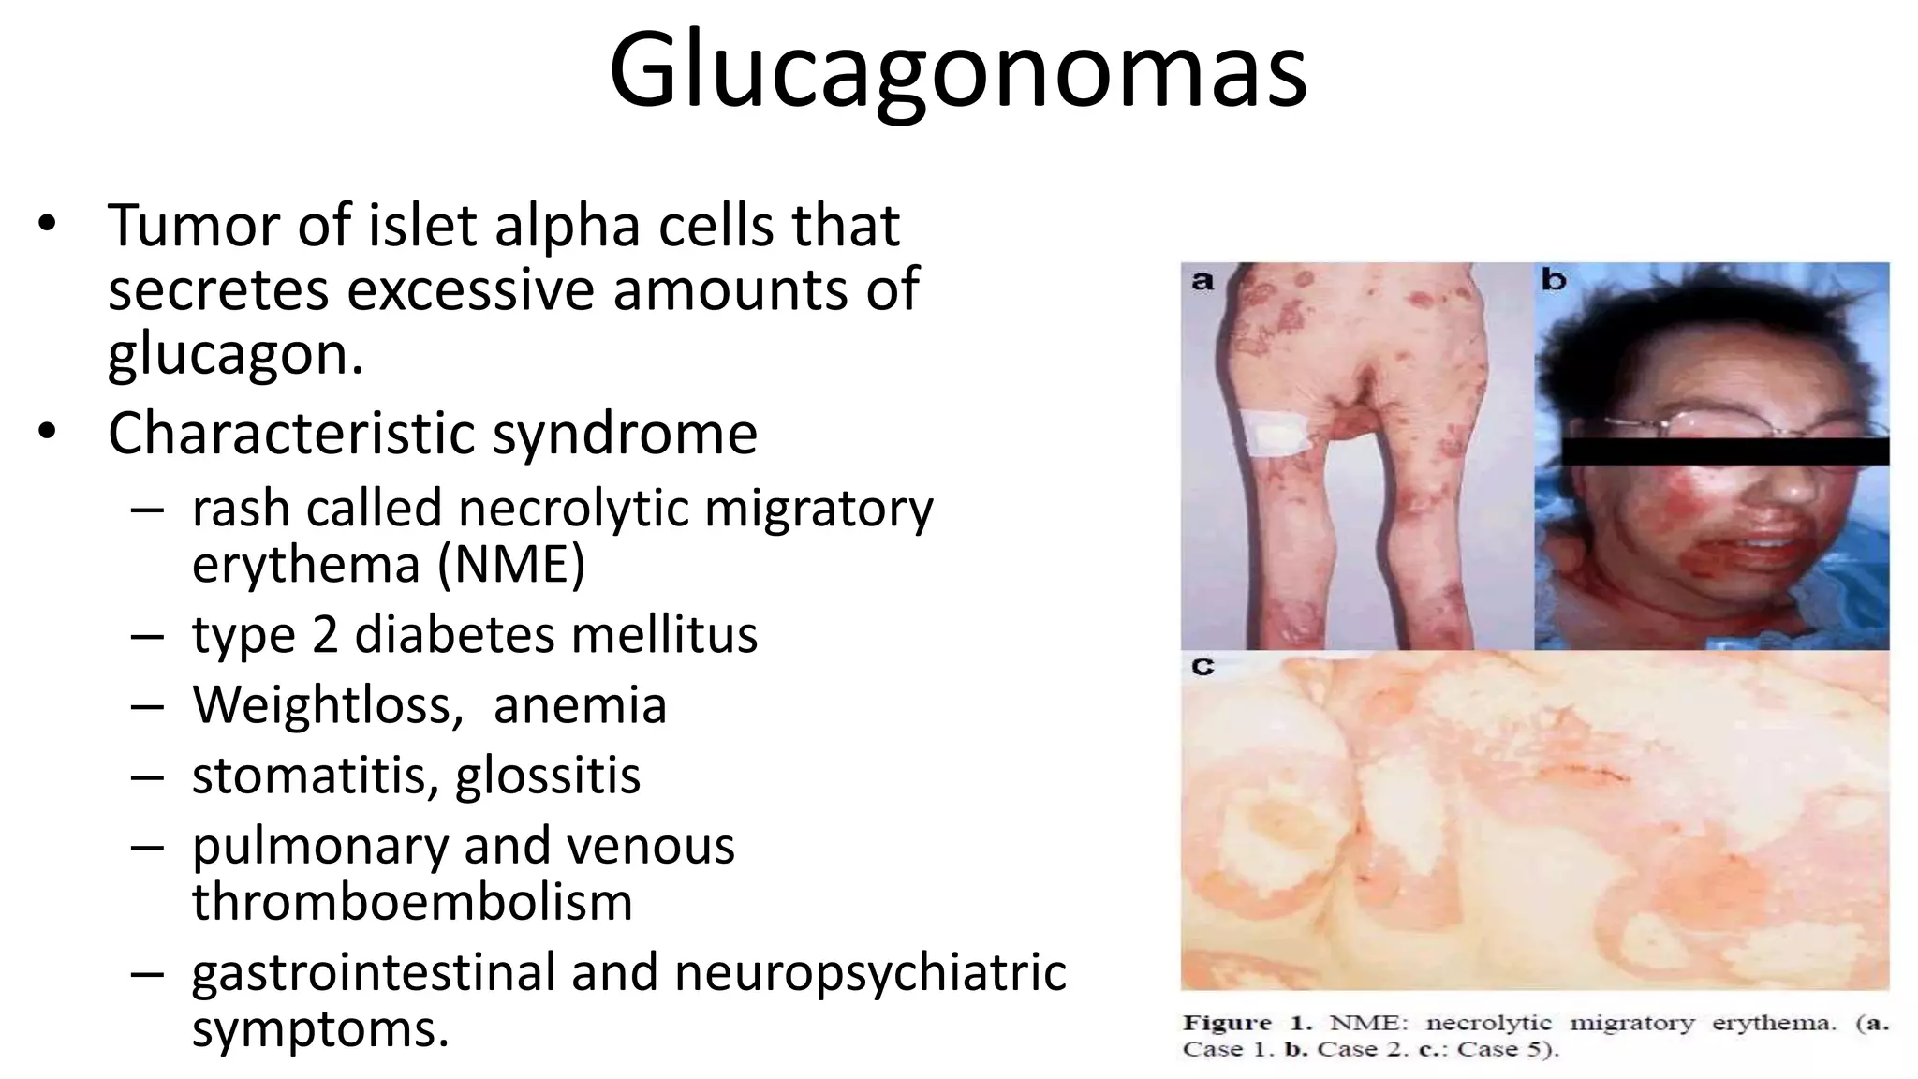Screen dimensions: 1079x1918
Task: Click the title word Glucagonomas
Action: [957, 71]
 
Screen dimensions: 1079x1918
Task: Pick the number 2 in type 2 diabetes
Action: [325, 635]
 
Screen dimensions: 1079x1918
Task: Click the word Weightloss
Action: [327, 705]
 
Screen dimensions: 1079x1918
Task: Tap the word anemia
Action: [580, 705]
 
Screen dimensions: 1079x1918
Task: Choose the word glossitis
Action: [548, 776]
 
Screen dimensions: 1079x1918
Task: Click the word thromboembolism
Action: [412, 902]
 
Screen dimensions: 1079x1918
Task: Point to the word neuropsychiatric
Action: [870, 972]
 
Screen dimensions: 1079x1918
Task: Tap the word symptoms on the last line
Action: [320, 1028]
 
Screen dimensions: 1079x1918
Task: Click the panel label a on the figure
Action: [1202, 280]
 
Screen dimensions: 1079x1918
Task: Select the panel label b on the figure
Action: [1554, 279]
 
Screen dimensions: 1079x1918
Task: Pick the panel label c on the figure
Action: [1202, 667]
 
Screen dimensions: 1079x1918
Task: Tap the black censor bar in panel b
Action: [1724, 451]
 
